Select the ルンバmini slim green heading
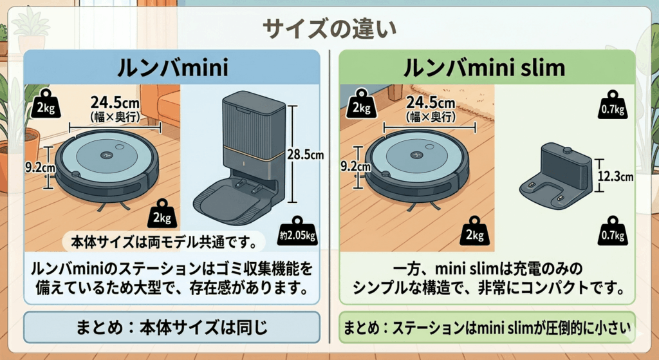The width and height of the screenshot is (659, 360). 484,67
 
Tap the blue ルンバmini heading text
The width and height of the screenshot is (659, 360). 172,67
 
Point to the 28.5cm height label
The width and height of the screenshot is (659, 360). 306,155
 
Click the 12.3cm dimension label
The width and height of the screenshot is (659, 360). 615,176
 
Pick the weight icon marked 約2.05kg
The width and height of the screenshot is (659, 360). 297,231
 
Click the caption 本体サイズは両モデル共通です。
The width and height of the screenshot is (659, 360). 163,242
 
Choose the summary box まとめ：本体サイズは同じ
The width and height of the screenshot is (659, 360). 171,327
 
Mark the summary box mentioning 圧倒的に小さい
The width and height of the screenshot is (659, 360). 487,327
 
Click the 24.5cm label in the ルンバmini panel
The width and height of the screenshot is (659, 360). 115,102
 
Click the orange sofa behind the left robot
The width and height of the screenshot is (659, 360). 160,104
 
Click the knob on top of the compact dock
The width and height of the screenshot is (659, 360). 567,149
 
